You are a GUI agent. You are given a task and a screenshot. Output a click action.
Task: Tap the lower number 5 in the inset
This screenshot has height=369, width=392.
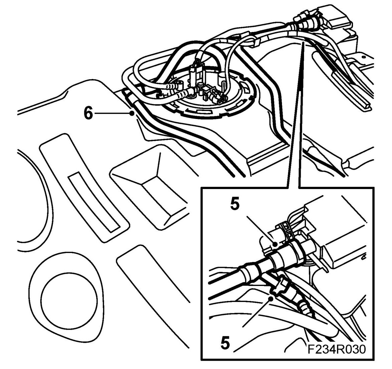coord(226,343)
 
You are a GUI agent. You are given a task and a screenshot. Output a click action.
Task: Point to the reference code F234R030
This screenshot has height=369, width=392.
coord(335,349)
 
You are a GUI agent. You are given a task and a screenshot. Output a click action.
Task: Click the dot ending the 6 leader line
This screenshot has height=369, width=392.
coord(133,114)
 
